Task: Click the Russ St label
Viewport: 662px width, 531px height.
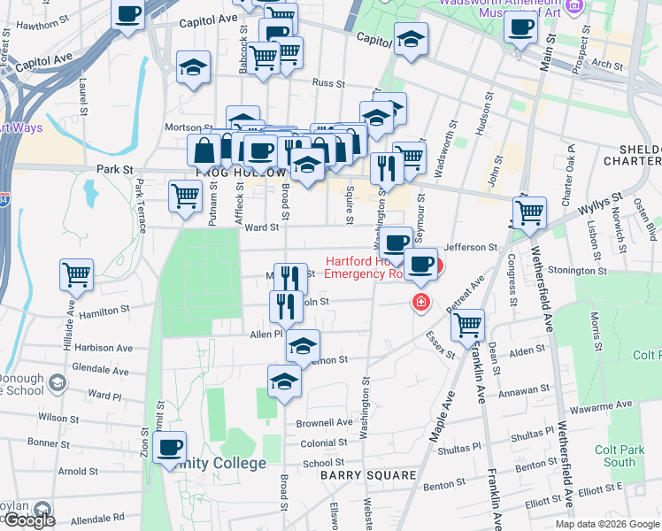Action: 327,83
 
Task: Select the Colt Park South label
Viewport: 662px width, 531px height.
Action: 615,456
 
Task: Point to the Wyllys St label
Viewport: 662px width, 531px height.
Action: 594,207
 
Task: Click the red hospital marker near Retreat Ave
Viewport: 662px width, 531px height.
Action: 421,303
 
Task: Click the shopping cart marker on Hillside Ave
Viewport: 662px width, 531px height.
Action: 77,274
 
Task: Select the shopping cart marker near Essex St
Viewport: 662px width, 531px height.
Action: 467,324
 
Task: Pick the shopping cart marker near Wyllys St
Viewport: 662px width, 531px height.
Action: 529,212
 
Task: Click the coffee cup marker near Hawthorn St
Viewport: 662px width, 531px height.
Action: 128,14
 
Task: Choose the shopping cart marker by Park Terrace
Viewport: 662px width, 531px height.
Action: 185,195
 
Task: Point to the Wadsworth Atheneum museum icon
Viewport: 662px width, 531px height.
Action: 574,6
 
